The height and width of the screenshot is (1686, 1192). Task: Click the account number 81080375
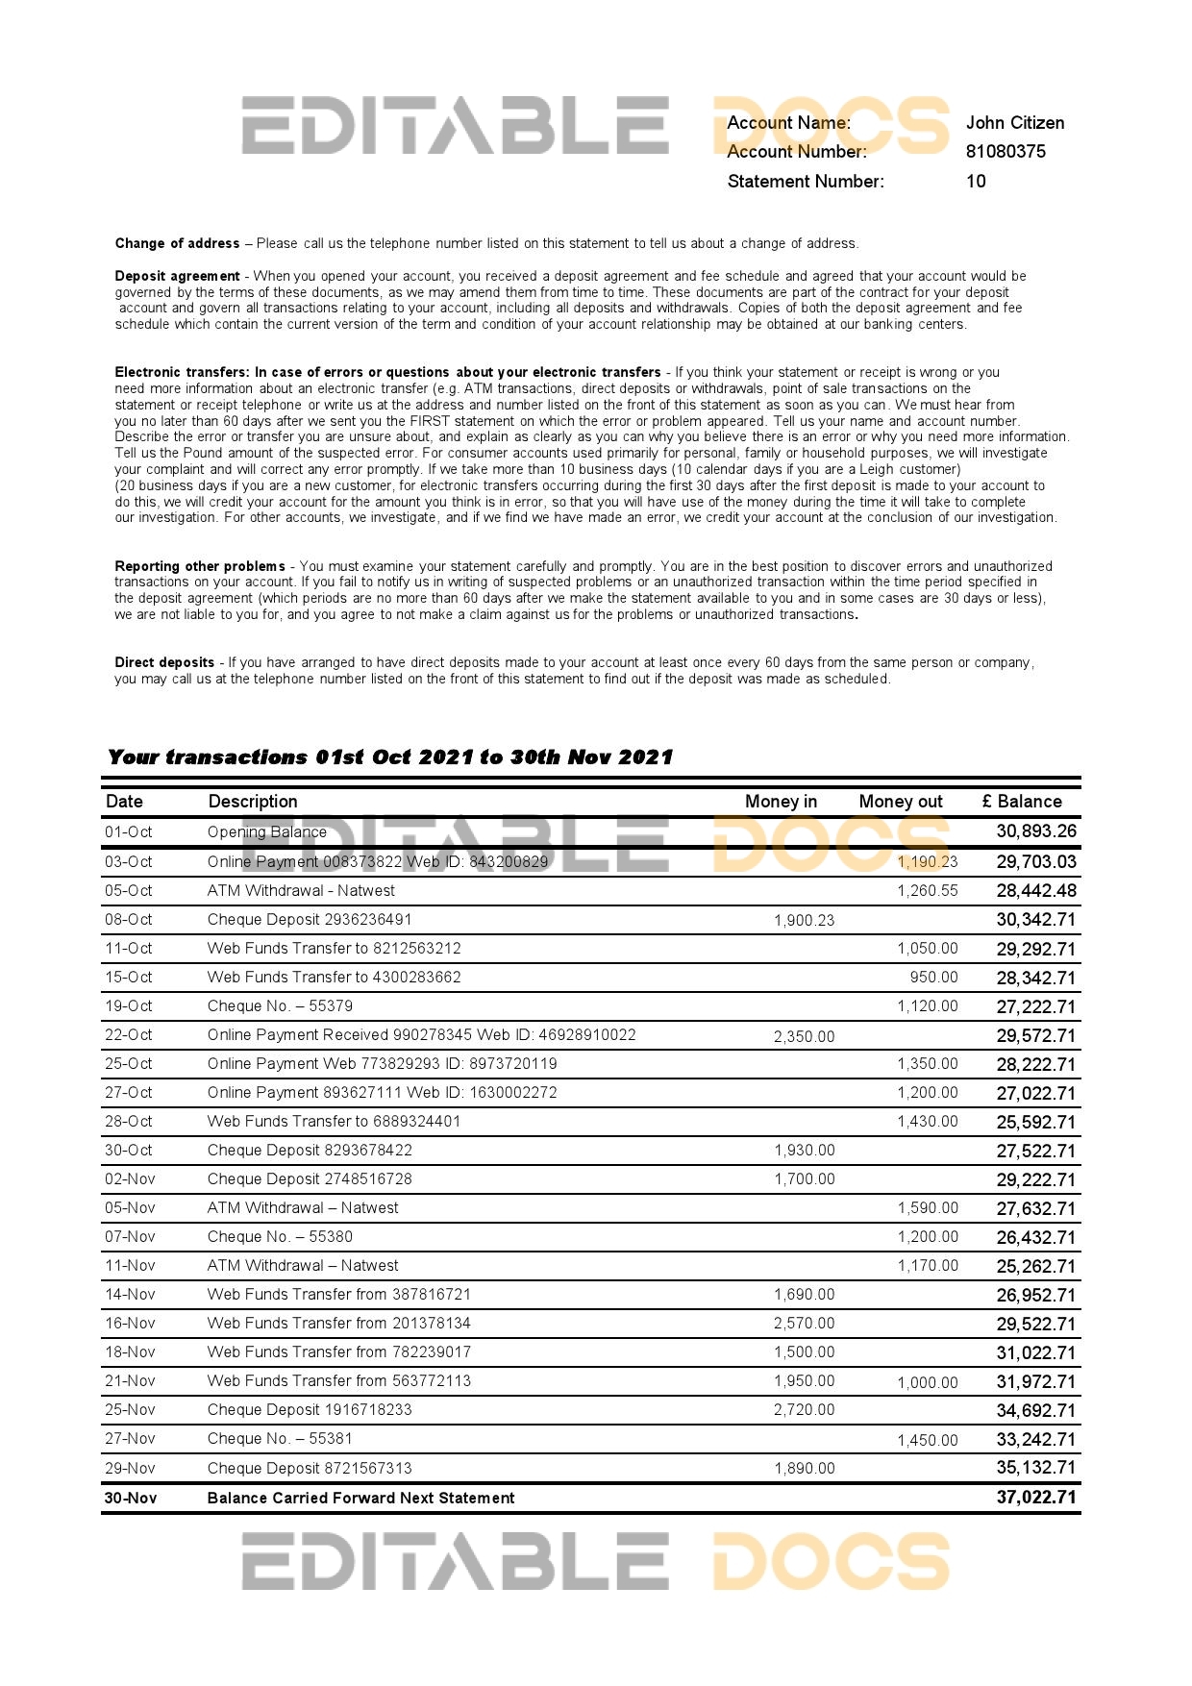[1006, 152]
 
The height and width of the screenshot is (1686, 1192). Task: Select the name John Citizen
[1015, 123]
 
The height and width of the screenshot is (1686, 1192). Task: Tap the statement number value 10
[976, 182]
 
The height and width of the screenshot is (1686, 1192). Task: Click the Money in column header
[781, 802]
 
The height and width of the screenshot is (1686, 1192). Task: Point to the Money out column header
[901, 802]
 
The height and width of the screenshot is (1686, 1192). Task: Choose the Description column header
[253, 802]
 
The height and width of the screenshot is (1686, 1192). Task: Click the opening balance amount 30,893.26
[1036, 831]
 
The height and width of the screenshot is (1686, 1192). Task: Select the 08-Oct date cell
[129, 920]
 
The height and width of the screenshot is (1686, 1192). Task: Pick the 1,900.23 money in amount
[805, 921]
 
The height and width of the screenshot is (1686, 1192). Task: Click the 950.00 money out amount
[934, 978]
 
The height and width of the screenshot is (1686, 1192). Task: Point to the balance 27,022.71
[1036, 1094]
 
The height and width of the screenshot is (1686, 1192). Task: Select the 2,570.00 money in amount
[805, 1324]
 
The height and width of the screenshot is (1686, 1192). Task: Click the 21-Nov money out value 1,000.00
[928, 1383]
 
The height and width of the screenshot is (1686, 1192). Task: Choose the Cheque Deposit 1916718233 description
[310, 1410]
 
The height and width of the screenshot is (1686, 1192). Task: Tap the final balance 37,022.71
[1036, 1498]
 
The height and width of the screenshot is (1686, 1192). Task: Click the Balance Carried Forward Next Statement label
[360, 1499]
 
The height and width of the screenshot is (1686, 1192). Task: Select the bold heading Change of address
[178, 244]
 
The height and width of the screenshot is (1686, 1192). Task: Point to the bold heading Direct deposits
[164, 663]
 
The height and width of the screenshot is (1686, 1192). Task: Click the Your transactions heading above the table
[390, 757]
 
